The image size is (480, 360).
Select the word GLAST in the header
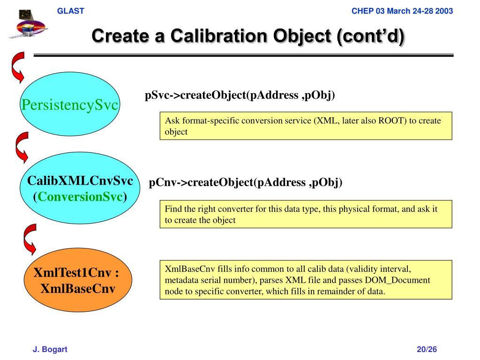(71, 11)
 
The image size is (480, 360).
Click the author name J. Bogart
(50, 349)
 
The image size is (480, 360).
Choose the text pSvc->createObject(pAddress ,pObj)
(240, 96)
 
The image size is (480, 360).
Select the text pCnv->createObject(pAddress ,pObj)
(246, 182)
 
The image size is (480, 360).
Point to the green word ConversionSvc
(80, 197)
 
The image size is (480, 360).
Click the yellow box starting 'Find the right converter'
(306, 214)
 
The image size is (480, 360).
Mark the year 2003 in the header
(444, 11)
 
